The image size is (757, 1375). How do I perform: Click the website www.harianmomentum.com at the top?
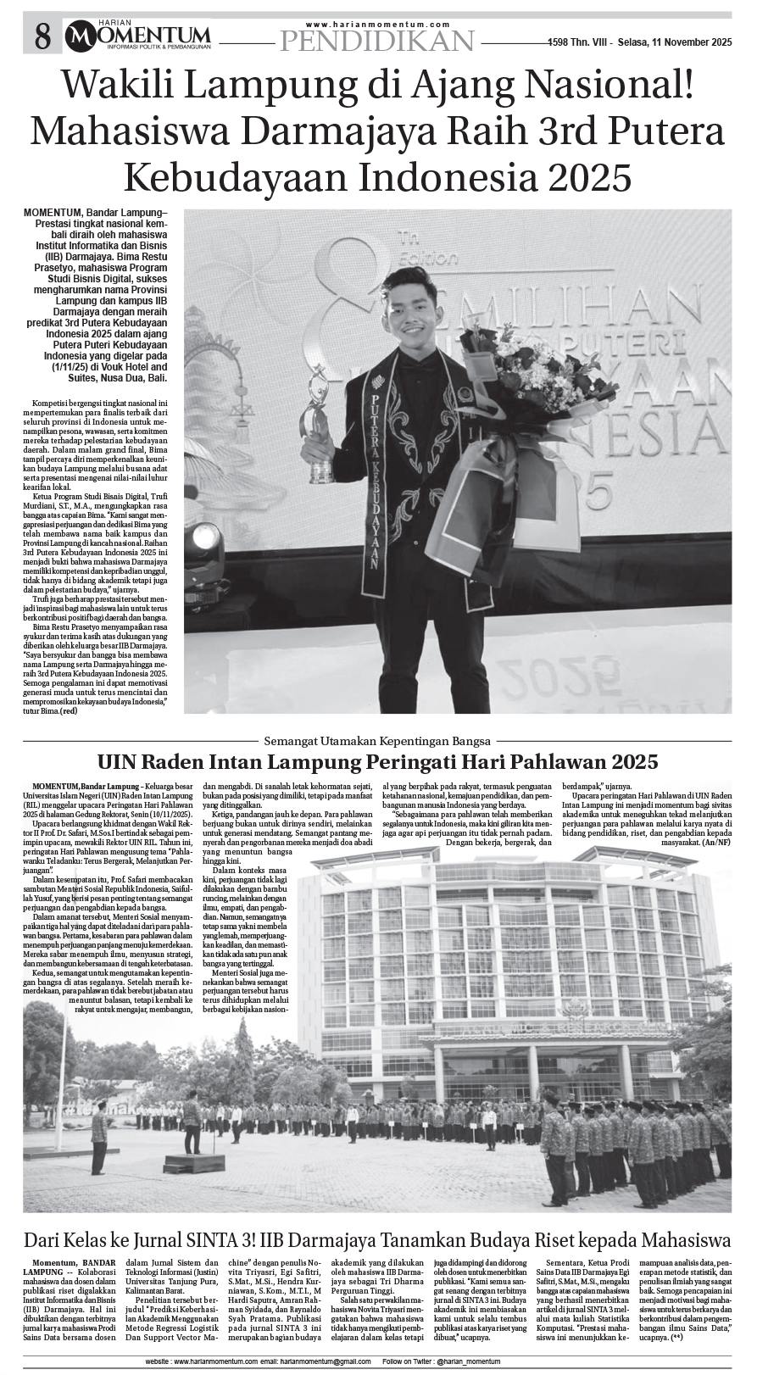click(x=379, y=25)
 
